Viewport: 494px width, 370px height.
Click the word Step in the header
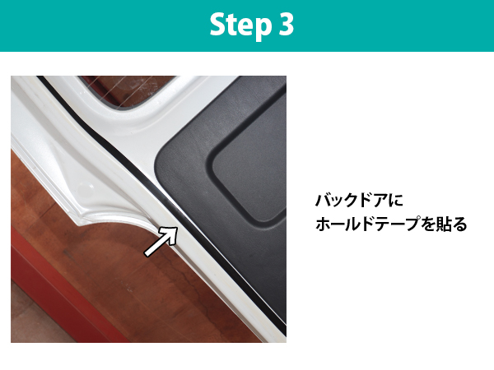(x=240, y=25)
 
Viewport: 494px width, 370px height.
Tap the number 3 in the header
(x=286, y=24)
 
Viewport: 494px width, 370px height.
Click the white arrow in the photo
(x=161, y=241)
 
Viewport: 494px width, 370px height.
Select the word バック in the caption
(x=338, y=201)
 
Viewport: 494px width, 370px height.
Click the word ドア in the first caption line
(x=373, y=201)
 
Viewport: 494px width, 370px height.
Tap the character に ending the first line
(x=394, y=201)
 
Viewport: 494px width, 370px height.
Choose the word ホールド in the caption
(x=344, y=224)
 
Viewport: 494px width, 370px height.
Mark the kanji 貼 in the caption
(x=443, y=224)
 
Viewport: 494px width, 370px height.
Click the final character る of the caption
(x=459, y=224)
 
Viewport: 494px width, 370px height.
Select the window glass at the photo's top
(x=126, y=90)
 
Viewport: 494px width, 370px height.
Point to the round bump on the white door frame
(x=85, y=189)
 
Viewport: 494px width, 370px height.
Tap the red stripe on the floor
(x=63, y=293)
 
